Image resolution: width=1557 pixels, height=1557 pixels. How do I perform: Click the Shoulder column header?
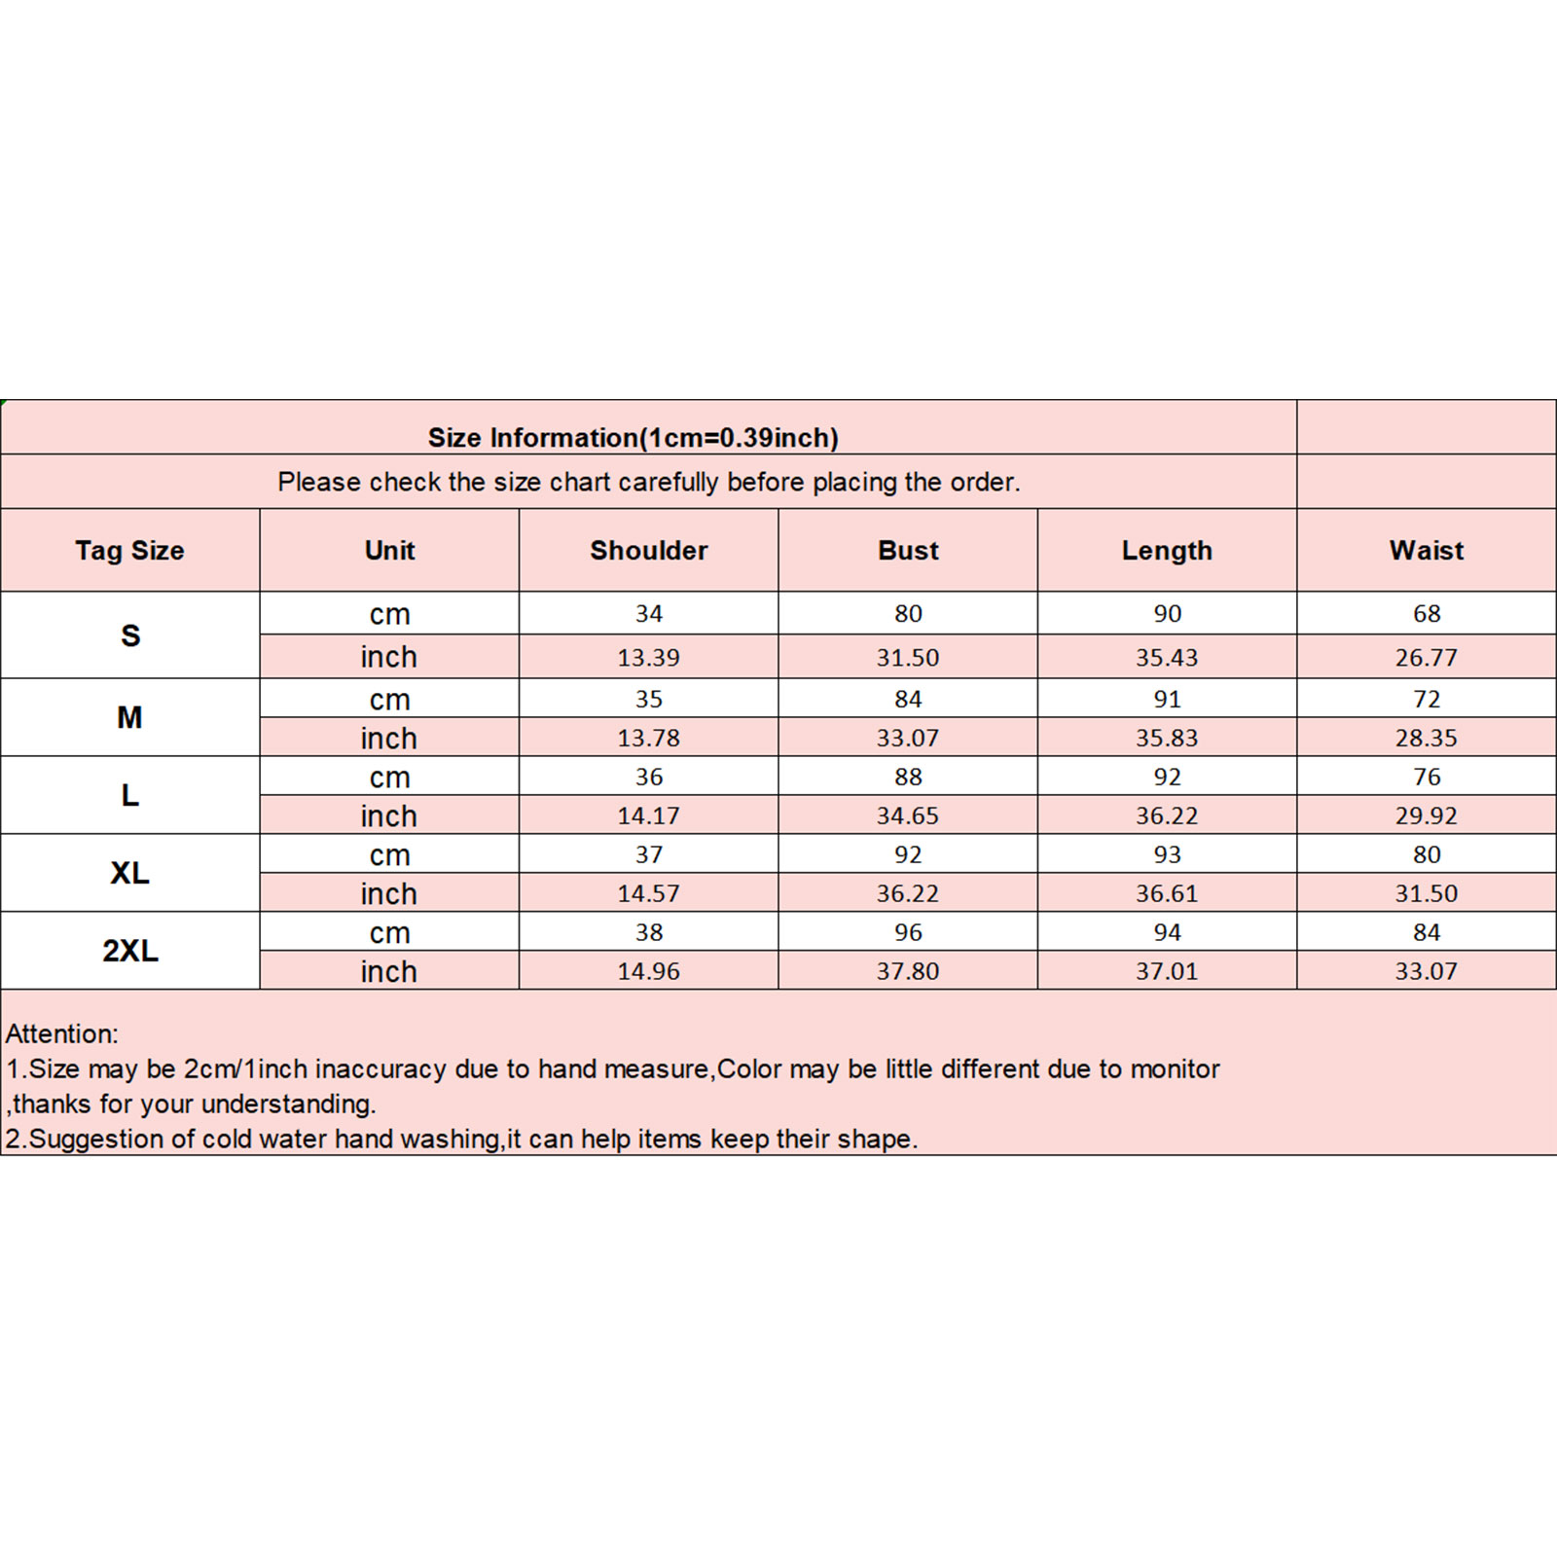point(649,551)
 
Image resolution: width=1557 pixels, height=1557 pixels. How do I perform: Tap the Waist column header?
point(1426,551)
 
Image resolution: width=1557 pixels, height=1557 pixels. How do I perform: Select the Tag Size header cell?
point(129,551)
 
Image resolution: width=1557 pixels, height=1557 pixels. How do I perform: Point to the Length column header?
point(1167,551)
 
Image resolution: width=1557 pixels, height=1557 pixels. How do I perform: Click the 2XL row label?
point(129,951)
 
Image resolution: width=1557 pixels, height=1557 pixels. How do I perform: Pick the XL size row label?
point(129,873)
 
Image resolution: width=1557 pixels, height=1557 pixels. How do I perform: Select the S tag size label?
point(129,635)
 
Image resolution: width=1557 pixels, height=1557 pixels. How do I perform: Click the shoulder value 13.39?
point(649,658)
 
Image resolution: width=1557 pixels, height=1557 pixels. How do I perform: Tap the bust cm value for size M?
point(908,699)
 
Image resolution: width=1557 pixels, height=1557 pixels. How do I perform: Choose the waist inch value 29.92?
point(1426,815)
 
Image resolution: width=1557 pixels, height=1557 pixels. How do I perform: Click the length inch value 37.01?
point(1167,971)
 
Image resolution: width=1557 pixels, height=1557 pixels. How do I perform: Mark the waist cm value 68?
point(1426,614)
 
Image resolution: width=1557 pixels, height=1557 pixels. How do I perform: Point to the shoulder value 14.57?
point(649,893)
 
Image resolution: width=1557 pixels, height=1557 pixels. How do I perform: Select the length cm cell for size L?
point(1167,777)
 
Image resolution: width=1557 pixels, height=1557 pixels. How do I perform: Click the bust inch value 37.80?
point(908,971)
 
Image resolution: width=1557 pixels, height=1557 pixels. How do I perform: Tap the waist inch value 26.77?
point(1426,658)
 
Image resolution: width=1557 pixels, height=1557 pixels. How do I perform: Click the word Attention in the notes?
point(61,1034)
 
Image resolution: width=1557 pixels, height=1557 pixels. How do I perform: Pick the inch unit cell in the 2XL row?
point(389,971)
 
